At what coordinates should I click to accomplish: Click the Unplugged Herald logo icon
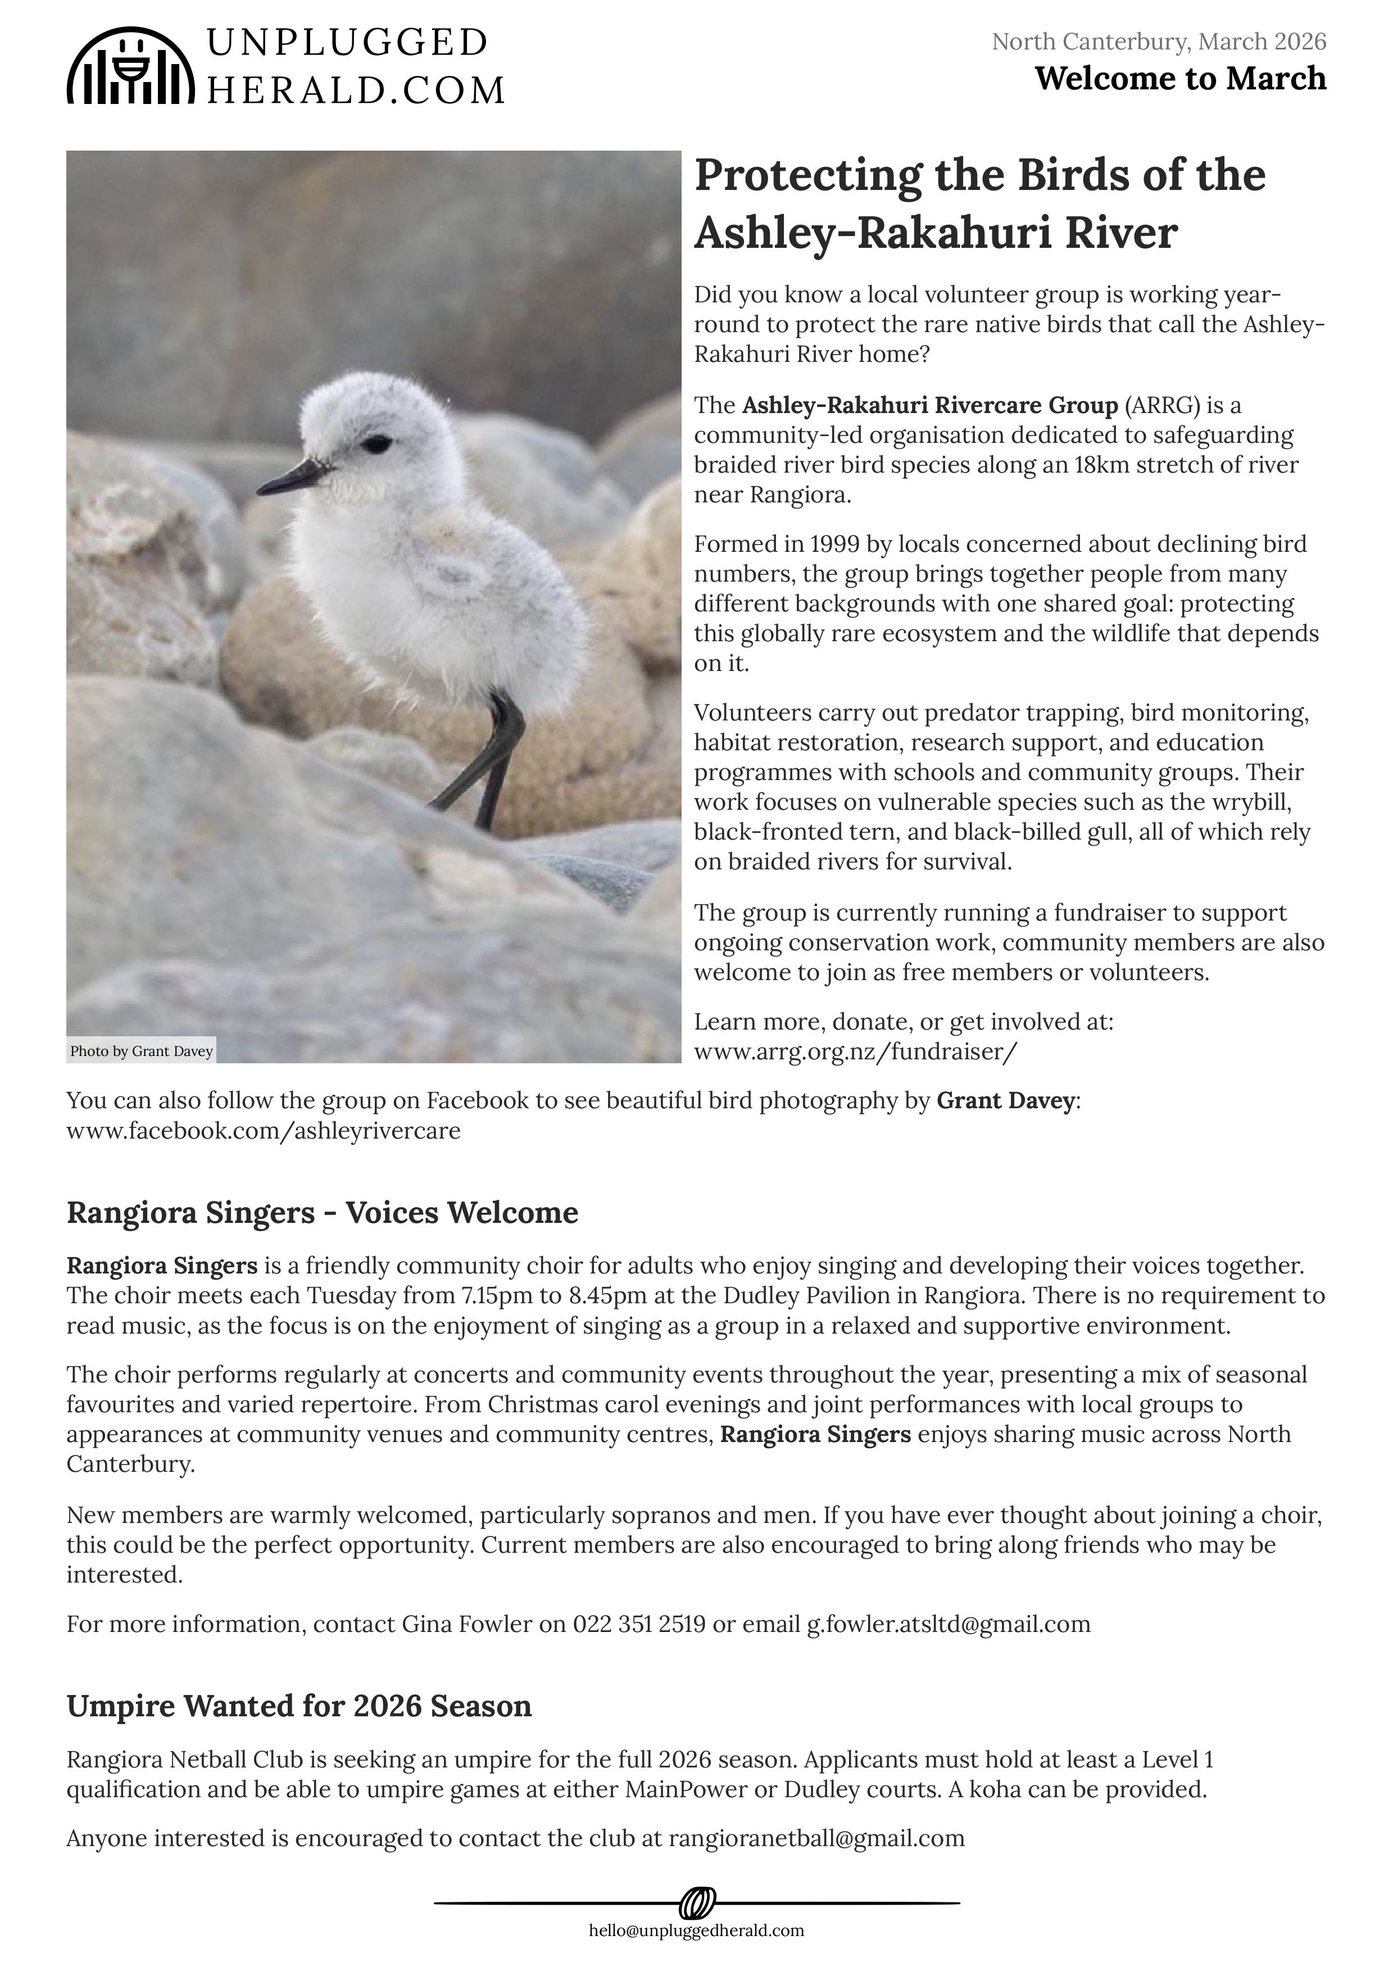130,66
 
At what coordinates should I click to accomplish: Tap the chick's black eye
376,444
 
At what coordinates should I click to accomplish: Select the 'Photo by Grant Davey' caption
142,1051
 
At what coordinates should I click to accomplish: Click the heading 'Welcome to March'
1180,79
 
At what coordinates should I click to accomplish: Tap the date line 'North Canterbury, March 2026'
1159,41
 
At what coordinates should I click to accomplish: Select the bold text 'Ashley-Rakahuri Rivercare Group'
930,405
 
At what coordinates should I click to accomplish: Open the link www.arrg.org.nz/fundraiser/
855,1051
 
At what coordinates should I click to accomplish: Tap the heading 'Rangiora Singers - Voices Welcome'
322,1213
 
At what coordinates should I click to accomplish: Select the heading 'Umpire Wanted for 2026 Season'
299,1706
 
